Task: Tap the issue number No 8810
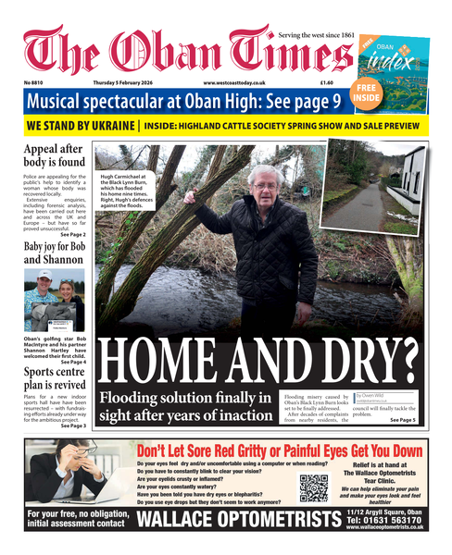[38, 83]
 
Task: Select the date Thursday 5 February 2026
[129, 83]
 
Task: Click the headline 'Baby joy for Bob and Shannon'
[56, 254]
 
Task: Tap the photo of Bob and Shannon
[56, 298]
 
